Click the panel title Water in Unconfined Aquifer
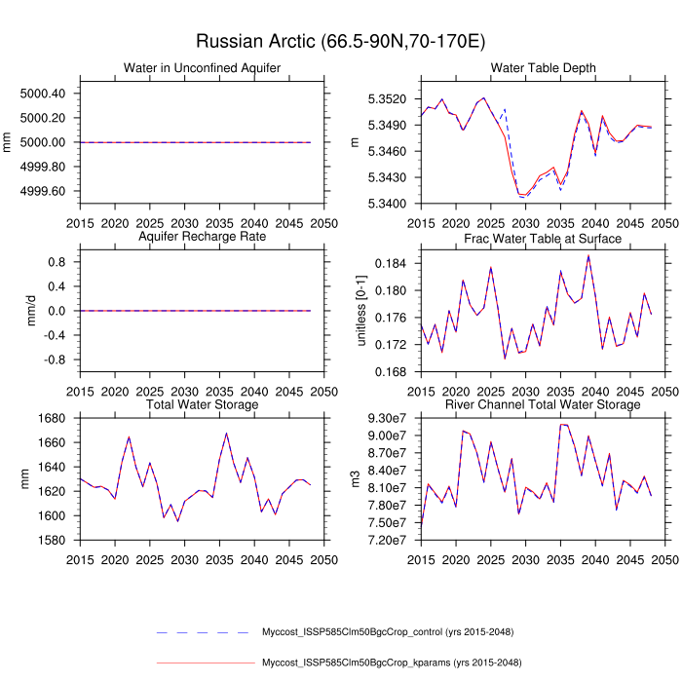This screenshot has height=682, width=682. pyautogui.click(x=202, y=67)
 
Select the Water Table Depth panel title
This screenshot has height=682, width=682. pyautogui.click(x=544, y=67)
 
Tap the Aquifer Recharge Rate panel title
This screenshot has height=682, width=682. pyautogui.click(x=202, y=238)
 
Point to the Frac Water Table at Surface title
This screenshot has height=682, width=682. pyautogui.click(x=544, y=239)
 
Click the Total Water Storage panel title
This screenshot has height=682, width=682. pyautogui.click(x=202, y=404)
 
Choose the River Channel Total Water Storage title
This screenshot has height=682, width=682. pyautogui.click(x=544, y=404)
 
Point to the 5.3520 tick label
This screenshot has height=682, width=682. pyautogui.click(x=389, y=99)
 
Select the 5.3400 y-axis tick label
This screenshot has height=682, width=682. pyautogui.click(x=389, y=204)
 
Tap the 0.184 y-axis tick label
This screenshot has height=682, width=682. pyautogui.click(x=396, y=264)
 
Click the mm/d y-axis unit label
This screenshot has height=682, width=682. pyautogui.click(x=10, y=311)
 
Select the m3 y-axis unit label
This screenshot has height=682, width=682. pyautogui.click(x=357, y=479)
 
